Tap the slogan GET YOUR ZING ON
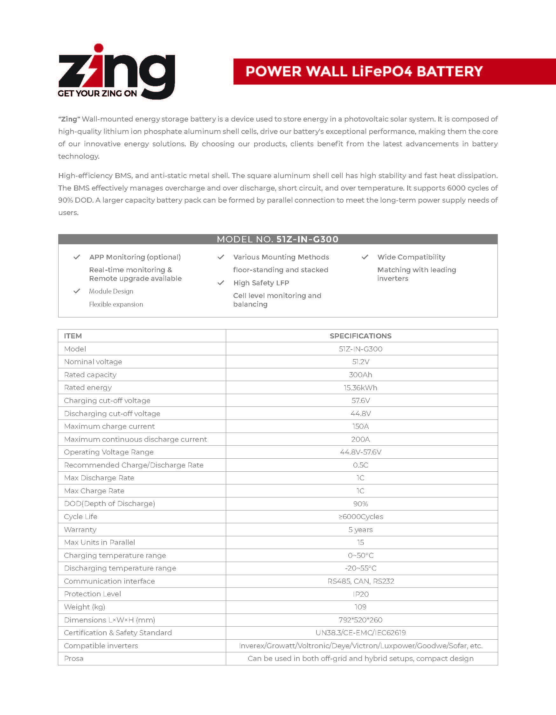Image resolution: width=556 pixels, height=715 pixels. (x=97, y=94)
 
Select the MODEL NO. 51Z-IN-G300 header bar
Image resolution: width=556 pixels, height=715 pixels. (x=278, y=239)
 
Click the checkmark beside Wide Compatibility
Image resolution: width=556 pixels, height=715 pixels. (x=365, y=257)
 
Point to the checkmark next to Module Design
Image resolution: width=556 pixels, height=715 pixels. (x=77, y=291)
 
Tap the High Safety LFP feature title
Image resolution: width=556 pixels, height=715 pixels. (x=261, y=283)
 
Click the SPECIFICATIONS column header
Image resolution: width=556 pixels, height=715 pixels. (x=360, y=336)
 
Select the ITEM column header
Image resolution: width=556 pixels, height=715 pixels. (x=73, y=336)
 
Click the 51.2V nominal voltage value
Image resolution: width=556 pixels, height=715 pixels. (x=360, y=362)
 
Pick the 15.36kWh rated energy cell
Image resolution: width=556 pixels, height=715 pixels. (x=360, y=388)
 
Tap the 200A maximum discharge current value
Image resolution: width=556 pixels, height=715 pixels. (x=360, y=439)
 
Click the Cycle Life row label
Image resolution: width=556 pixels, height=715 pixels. (x=80, y=517)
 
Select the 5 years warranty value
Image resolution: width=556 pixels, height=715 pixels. (x=360, y=530)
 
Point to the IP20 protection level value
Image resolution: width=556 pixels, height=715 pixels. (x=360, y=594)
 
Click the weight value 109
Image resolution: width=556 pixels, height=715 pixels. (x=360, y=607)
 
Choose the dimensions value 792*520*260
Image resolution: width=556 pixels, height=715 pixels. (x=360, y=620)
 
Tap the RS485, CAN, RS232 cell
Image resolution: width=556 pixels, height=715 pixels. (x=360, y=581)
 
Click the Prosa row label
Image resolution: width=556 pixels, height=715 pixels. (x=74, y=659)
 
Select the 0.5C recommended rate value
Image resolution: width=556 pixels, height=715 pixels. (x=360, y=465)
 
